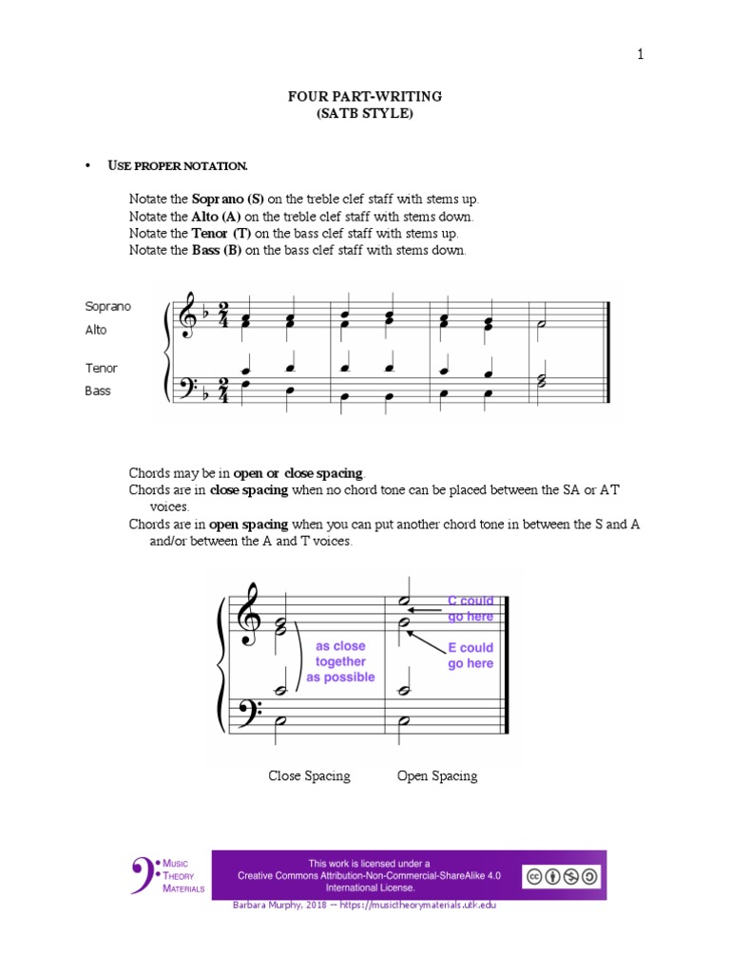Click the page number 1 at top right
[x=641, y=54]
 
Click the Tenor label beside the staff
[x=102, y=368]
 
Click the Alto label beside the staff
[x=97, y=330]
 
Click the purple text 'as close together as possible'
[x=340, y=661]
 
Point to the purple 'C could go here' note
[x=471, y=608]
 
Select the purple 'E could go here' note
[x=471, y=656]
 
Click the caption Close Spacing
[x=309, y=776]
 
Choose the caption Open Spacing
[x=437, y=776]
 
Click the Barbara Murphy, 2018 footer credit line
[x=364, y=906]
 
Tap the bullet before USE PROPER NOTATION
[x=87, y=166]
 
